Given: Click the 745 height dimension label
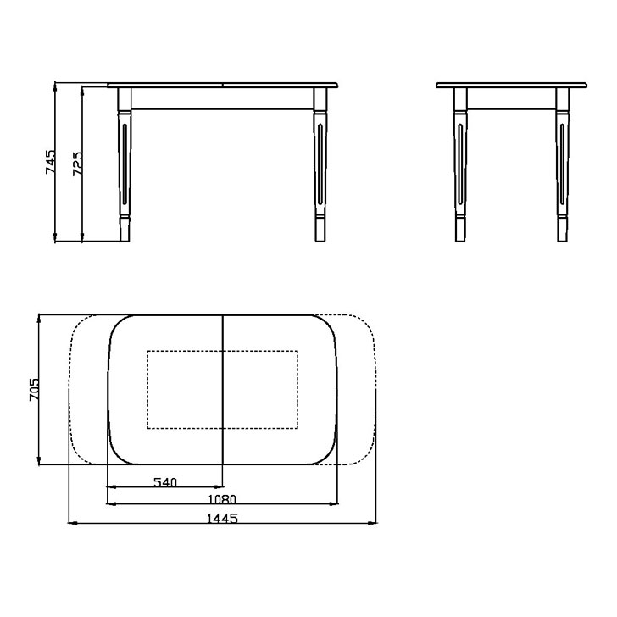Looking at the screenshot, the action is (x=51, y=161).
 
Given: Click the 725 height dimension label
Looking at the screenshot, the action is (x=78, y=164).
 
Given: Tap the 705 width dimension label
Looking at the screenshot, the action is (x=34, y=390).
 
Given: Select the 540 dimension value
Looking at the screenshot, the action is (x=165, y=482).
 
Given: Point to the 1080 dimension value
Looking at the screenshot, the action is (x=222, y=499).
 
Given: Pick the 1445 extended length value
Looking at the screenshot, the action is (x=222, y=519).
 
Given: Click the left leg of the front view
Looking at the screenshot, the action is (x=125, y=164).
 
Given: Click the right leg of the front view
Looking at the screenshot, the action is (x=320, y=164).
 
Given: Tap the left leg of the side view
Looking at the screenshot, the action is (x=460, y=164).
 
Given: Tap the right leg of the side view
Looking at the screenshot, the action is (x=562, y=164).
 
